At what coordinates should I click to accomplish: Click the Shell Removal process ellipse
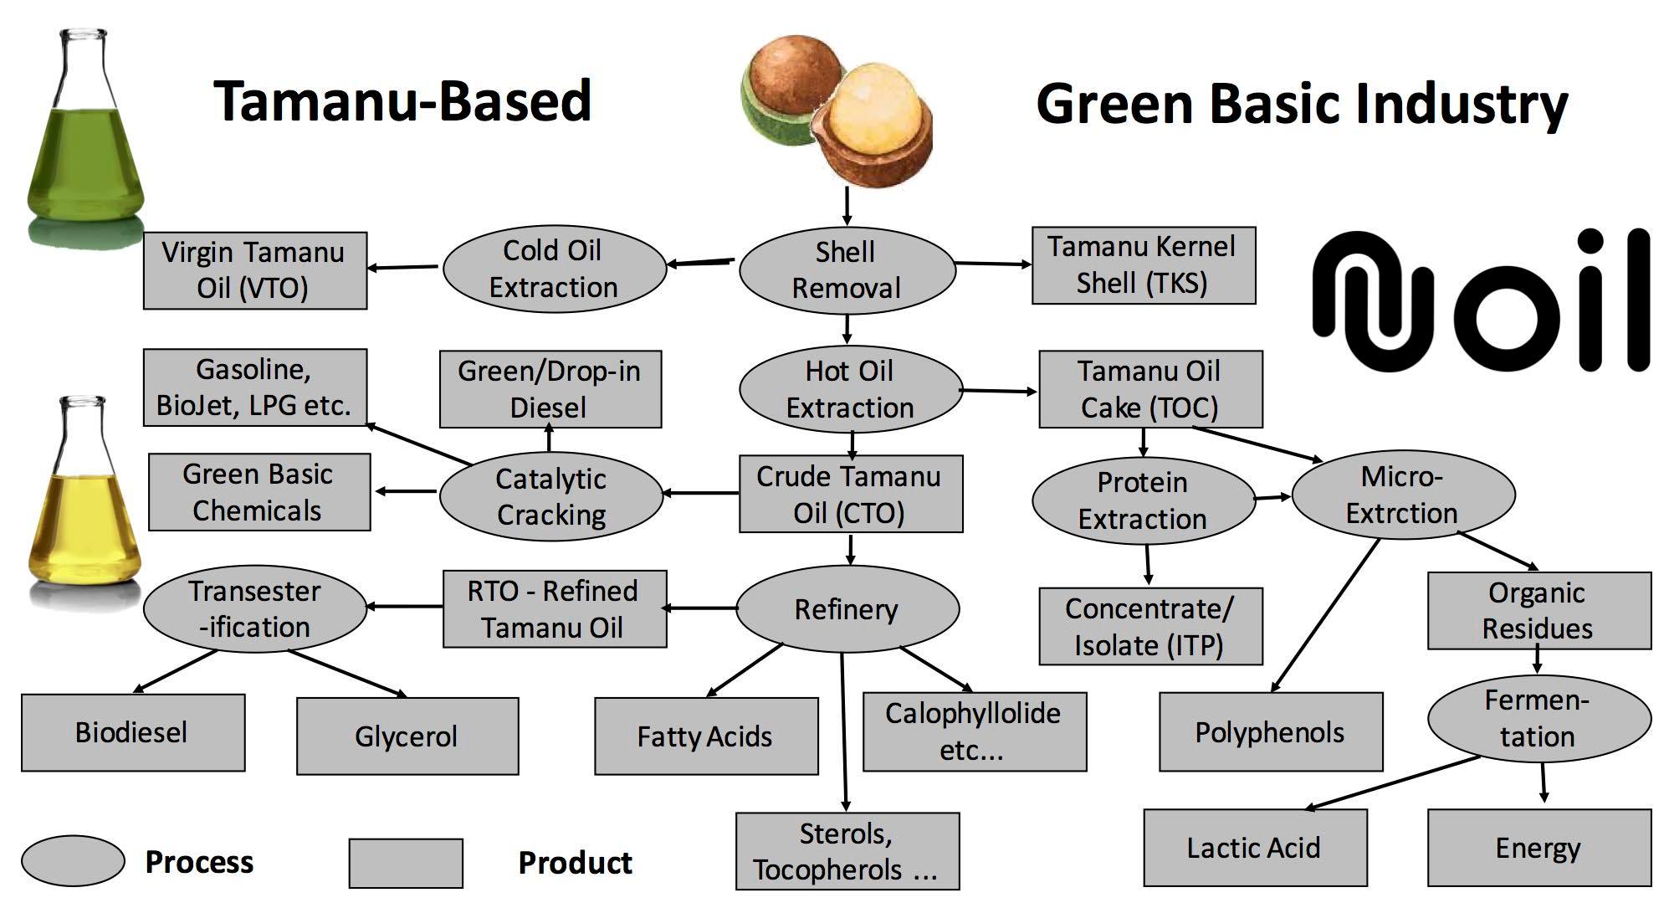[847, 270]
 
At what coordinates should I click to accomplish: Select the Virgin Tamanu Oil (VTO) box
[254, 270]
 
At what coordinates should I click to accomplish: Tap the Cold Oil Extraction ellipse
[554, 269]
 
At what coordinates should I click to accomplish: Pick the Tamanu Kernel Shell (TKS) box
[1143, 265]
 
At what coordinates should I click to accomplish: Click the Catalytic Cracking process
[550, 497]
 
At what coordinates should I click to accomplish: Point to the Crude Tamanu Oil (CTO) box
[850, 494]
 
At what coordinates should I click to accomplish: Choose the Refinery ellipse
[847, 609]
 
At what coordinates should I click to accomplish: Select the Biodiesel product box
[132, 732]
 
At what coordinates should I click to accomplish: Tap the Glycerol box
[407, 736]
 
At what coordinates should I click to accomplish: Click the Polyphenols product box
[1270, 732]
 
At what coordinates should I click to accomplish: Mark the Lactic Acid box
[1254, 848]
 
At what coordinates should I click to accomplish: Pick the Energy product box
[1538, 848]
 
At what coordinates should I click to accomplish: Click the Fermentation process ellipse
[1538, 718]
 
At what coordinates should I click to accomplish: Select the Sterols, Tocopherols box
[847, 851]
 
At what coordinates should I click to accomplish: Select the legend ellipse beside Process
[73, 861]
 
